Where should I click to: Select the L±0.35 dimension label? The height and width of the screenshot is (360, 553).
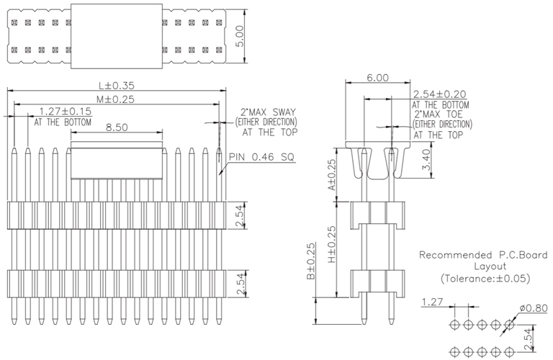[x=117, y=85]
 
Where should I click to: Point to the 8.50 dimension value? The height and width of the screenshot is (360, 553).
[x=117, y=127]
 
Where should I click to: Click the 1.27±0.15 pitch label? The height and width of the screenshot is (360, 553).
[x=66, y=112]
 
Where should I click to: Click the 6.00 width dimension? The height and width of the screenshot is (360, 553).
[x=377, y=78]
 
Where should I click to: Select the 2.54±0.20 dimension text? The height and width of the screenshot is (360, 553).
[x=439, y=94]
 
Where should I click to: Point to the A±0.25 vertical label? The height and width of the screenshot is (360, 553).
[x=332, y=175]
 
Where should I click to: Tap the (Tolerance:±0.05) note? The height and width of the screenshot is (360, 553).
[x=483, y=278]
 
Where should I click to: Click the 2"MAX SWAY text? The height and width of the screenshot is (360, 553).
[x=268, y=112]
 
